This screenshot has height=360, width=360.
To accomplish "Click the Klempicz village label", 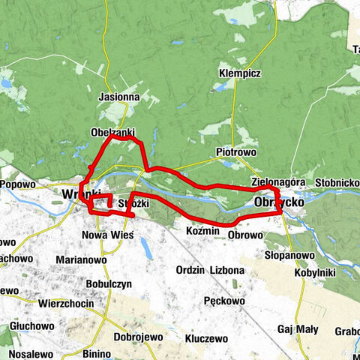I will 240,73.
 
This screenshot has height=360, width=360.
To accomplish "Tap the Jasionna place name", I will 119,97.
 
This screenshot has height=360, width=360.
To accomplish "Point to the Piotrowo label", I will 236,151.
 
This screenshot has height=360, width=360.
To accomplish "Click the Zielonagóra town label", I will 278,182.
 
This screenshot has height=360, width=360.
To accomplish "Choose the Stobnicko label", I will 337,182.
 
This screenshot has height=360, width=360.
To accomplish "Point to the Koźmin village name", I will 202,231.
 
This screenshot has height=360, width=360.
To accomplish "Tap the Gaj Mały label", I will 298,329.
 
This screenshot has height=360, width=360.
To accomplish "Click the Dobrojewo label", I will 137,337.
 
